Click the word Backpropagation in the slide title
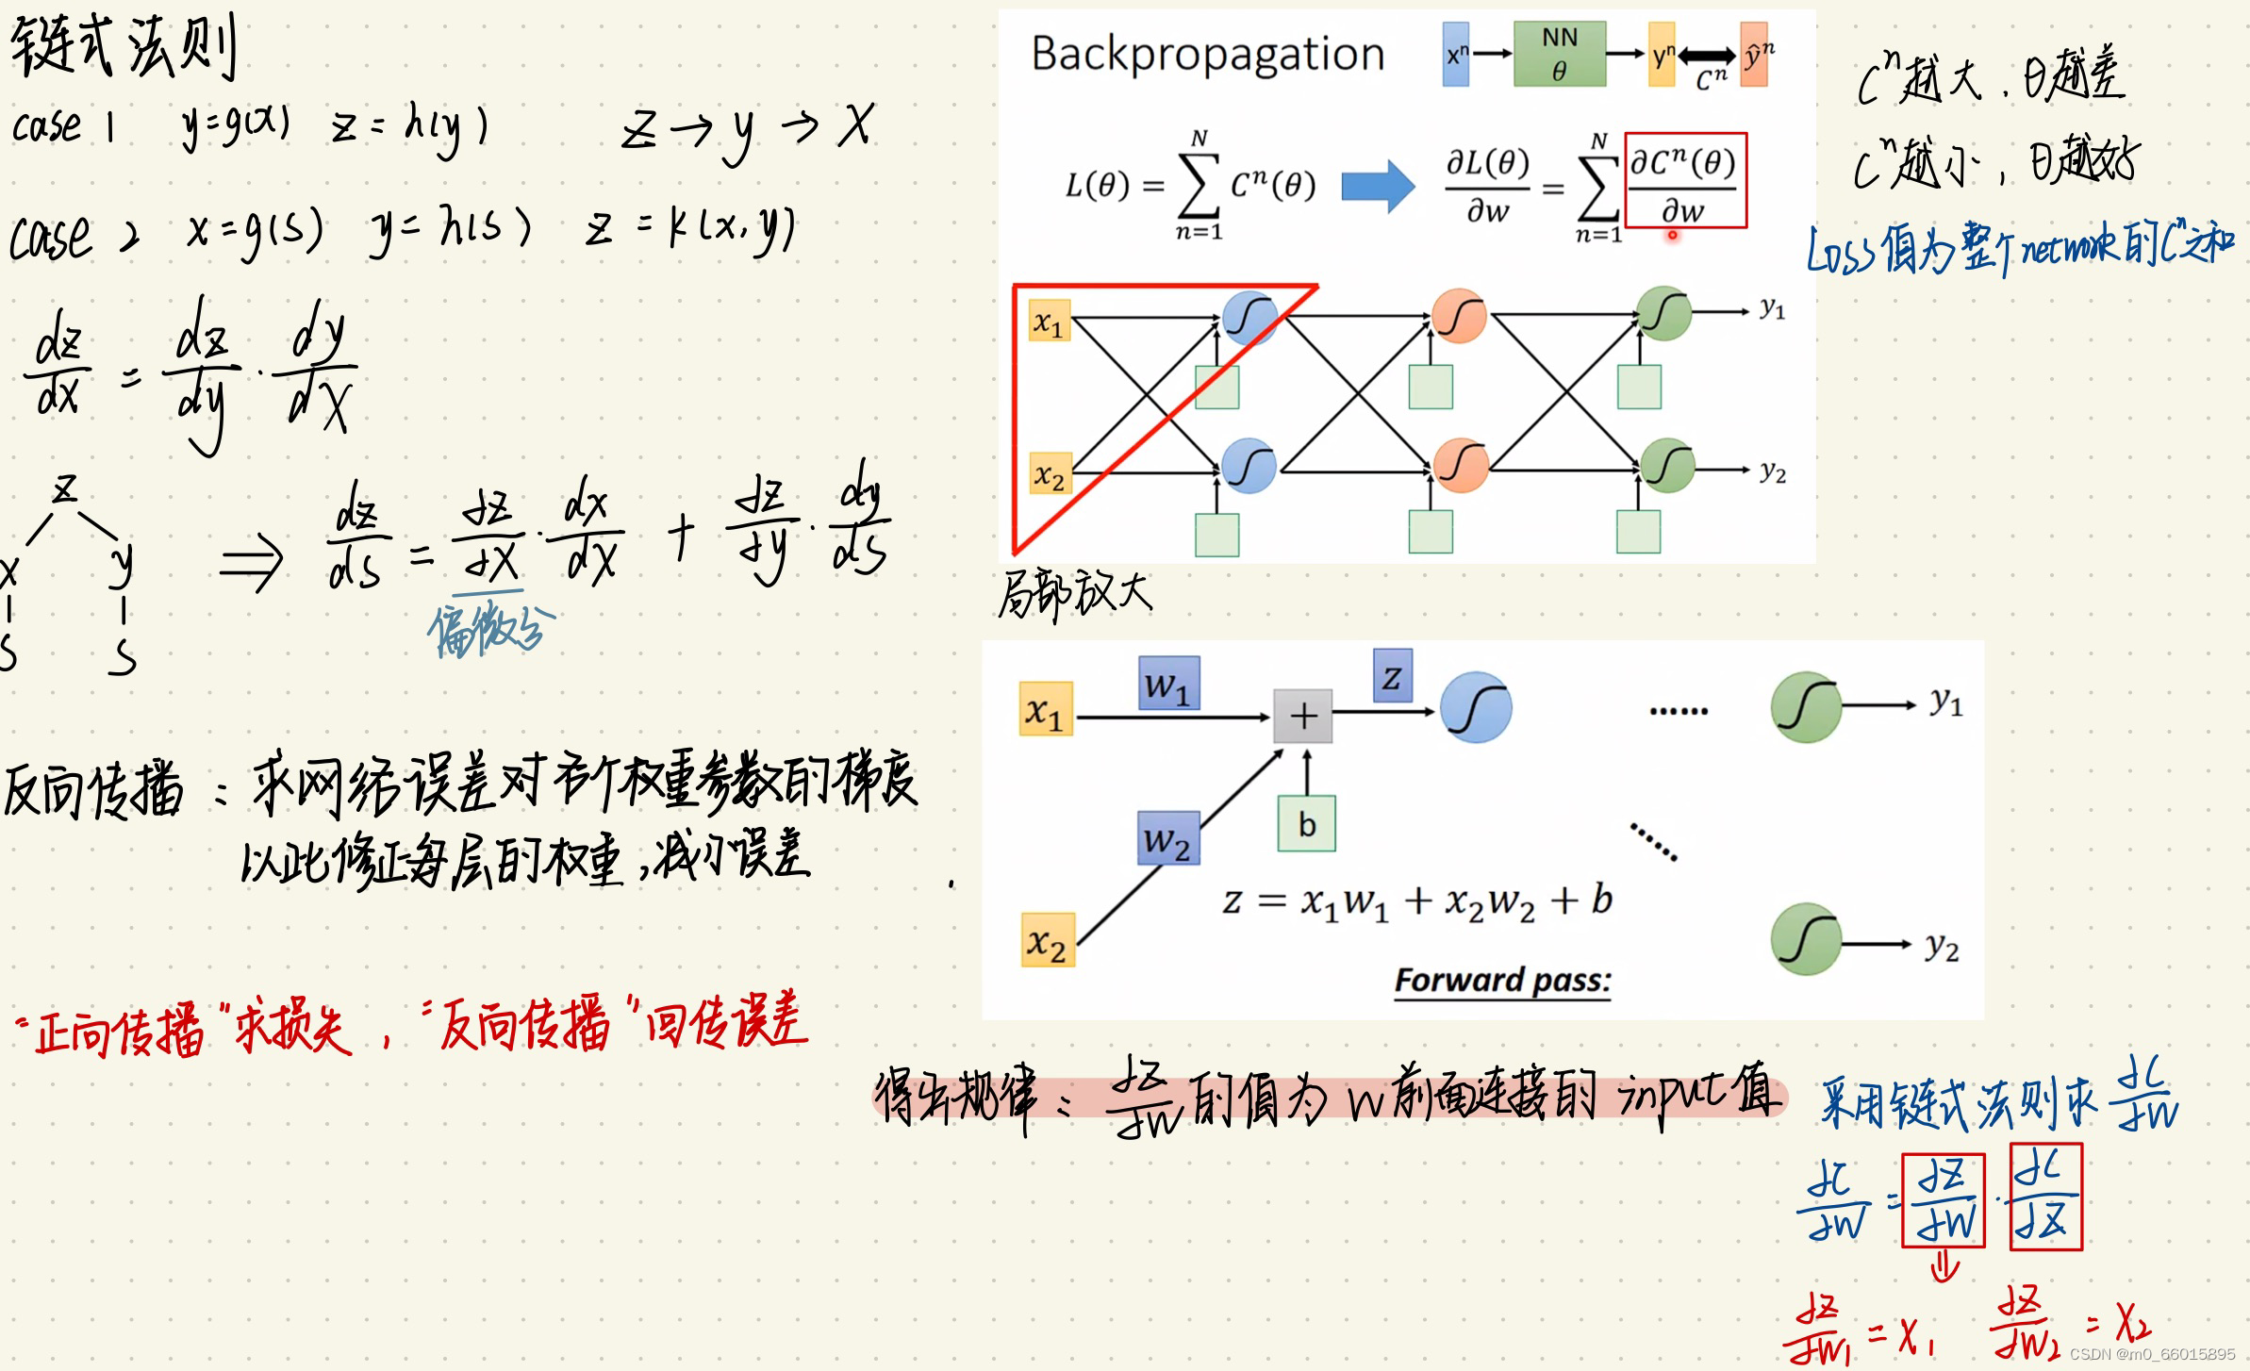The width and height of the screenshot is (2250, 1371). (x=1207, y=54)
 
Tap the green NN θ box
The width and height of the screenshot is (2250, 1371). (x=1559, y=54)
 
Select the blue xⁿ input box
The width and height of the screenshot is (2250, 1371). (x=1455, y=55)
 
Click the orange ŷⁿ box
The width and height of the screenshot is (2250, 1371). (x=1754, y=55)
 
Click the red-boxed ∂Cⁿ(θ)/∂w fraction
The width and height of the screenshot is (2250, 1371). (x=1685, y=181)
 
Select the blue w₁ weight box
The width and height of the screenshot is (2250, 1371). (x=1168, y=683)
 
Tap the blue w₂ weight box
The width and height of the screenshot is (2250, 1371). (x=1167, y=837)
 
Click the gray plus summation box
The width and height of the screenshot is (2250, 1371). (x=1302, y=717)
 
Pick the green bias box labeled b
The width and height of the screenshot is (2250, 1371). (x=1306, y=824)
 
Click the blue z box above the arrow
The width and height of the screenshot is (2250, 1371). (x=1392, y=676)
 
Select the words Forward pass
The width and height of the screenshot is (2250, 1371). (x=1502, y=981)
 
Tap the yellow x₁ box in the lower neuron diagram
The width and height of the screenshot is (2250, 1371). (x=1046, y=709)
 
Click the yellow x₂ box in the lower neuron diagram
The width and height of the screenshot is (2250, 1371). (x=1047, y=940)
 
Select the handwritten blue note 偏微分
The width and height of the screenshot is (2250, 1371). (x=490, y=630)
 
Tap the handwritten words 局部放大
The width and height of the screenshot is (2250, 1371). (x=1075, y=594)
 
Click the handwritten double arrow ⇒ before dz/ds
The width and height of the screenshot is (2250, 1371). (x=251, y=562)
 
